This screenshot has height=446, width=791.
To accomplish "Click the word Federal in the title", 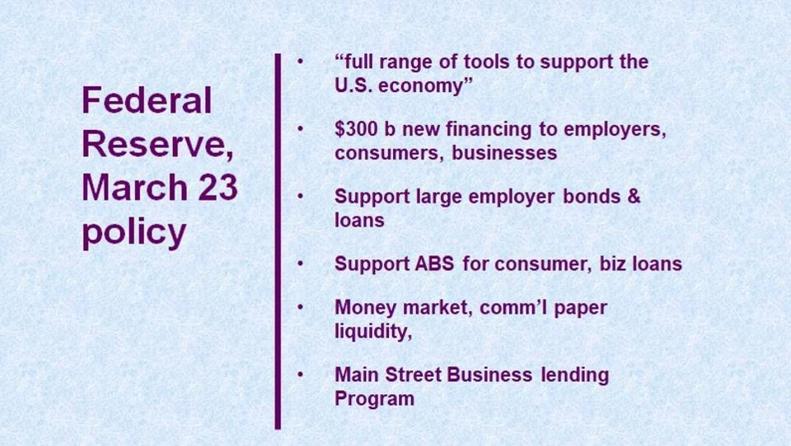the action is tap(147, 100).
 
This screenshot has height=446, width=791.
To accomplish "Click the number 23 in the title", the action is tap(218, 187).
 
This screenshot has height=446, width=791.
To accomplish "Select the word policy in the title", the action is tap(134, 233).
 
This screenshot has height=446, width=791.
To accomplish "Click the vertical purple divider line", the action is tap(278, 241).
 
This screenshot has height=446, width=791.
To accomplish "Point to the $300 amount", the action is tap(356, 129).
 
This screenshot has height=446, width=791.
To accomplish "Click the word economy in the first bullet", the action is tap(420, 86).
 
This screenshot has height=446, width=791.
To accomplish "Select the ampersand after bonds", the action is tap(634, 196).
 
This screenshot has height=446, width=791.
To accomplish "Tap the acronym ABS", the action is tap(434, 263).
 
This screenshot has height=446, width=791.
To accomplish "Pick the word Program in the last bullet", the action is tap(374, 398).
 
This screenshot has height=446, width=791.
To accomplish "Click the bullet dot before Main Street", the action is tap(300, 375).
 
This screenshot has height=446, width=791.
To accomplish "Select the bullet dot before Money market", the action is tap(300, 308).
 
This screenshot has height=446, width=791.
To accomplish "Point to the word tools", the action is tap(486, 62).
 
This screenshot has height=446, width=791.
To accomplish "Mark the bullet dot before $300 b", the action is tap(300, 129).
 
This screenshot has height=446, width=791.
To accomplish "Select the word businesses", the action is tap(504, 153).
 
